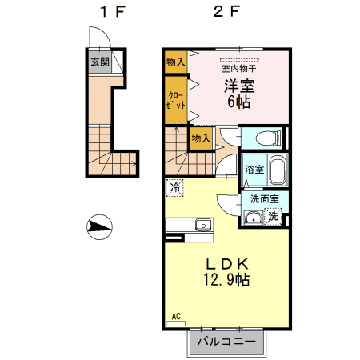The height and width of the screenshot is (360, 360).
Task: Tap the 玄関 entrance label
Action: coord(99,62)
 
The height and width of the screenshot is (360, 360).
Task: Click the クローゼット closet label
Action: coord(176,99)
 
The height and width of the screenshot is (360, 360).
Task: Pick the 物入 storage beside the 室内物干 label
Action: coord(175,61)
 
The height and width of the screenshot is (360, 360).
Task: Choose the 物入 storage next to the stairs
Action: coord(201,139)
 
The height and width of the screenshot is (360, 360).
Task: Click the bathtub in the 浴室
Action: coord(277,172)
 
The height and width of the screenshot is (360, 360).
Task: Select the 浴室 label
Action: coord(254,170)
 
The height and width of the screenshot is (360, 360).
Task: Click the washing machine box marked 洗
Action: coord(274,215)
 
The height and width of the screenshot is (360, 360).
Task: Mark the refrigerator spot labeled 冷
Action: coord(174,188)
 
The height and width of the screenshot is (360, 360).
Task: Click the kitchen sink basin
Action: coord(202,225)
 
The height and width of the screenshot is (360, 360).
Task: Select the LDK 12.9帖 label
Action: coord(227,272)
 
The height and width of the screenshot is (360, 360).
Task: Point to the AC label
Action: coord(177,318)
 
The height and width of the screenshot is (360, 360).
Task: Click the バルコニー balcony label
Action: coord(226,342)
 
